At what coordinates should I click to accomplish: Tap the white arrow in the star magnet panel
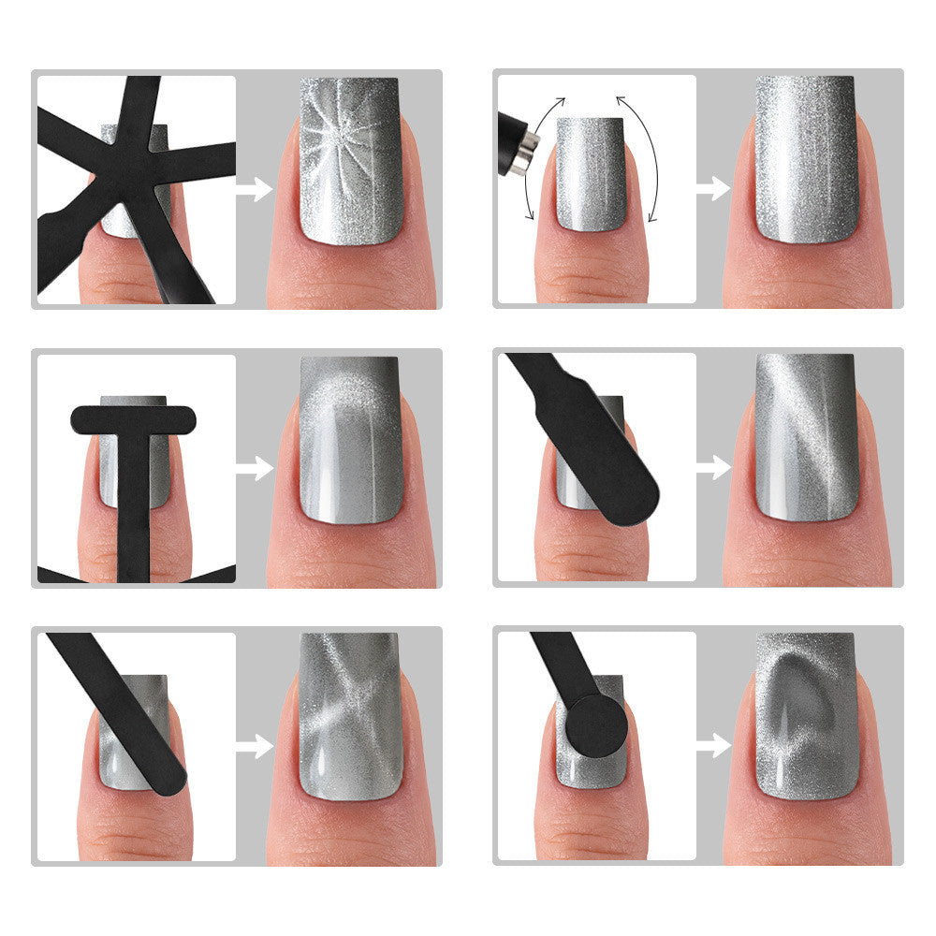254,189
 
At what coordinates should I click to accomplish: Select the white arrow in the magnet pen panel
714,189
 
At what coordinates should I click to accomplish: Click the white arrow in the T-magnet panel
254,468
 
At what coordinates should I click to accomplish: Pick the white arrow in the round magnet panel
714,745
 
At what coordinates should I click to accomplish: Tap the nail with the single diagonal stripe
805,435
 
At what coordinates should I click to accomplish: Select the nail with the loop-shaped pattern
805,716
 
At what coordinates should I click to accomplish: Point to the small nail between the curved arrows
591,173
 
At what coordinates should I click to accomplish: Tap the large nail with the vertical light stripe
805,159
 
